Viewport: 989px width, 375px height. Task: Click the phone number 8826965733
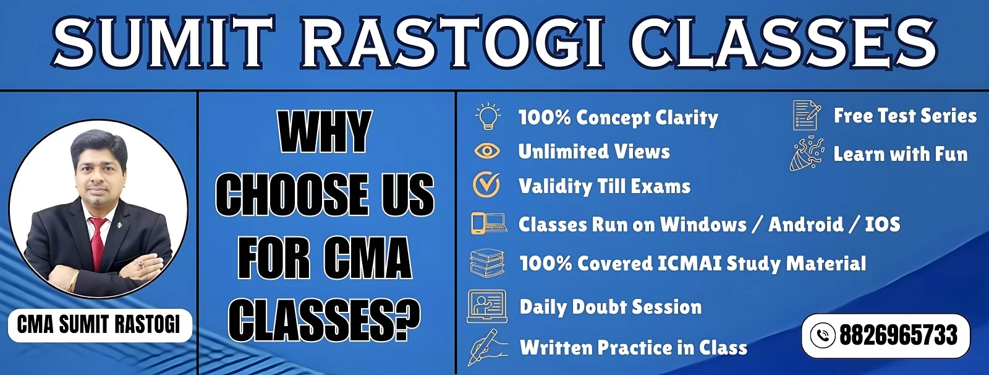tap(898, 335)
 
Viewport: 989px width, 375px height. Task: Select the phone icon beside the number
tap(823, 335)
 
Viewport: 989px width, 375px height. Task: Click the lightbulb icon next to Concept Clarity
tap(488, 116)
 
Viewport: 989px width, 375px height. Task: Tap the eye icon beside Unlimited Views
tap(487, 151)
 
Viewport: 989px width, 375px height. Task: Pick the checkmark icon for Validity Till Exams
tap(486, 184)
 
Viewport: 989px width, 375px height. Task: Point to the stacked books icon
tap(487, 263)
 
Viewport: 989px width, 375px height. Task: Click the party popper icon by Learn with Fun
tap(807, 153)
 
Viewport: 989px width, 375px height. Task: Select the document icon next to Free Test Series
tap(807, 116)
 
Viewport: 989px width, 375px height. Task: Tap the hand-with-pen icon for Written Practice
tap(487, 347)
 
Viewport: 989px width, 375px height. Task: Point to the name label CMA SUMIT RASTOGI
tap(99, 324)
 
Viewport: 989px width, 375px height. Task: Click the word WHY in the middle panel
tap(325, 132)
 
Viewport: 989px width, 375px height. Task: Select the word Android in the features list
tap(806, 224)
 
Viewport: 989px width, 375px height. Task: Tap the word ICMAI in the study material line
tap(689, 264)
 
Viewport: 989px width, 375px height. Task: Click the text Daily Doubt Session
tap(611, 307)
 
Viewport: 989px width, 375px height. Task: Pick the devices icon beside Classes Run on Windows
tap(488, 223)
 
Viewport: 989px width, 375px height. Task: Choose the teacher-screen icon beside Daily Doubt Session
tap(487, 306)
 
